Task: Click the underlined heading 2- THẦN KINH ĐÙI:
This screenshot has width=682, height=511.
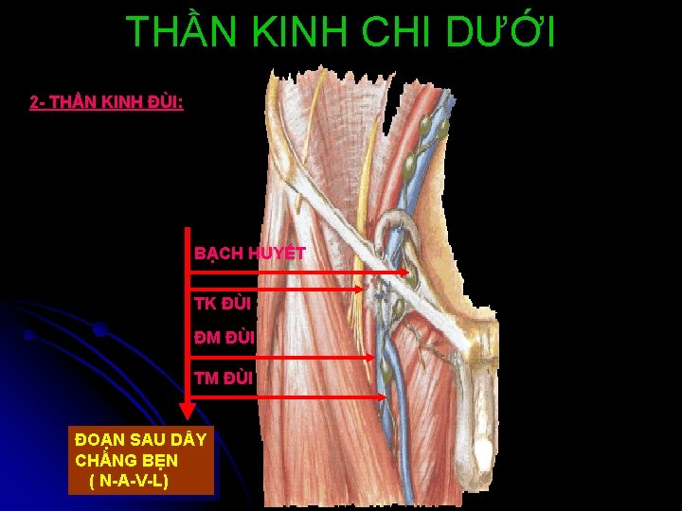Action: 106,101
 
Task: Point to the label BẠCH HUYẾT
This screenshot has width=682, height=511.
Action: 249,254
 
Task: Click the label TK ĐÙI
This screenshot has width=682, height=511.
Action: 223,304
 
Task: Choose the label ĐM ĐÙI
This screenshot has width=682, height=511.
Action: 224,337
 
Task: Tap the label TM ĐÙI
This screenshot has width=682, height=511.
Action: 224,379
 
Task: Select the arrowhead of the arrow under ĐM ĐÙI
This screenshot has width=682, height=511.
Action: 370,358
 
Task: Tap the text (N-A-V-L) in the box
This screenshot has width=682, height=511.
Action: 130,482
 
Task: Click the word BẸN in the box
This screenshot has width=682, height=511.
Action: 158,461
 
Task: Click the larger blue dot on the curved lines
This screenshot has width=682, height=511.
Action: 99,330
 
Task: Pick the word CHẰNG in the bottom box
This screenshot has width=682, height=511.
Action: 106,461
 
